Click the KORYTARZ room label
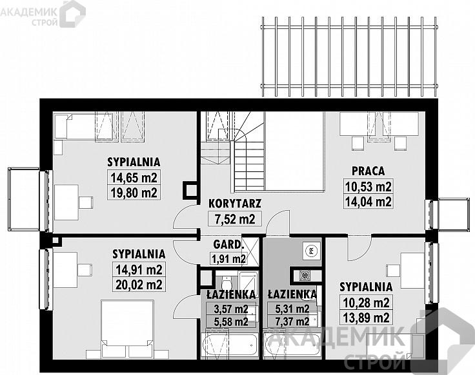pyautogui.click(x=235, y=203)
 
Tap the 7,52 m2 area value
pyautogui.click(x=235, y=218)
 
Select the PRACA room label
pyautogui.click(x=368, y=171)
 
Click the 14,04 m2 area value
pyautogui.click(x=368, y=202)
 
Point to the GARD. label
pyautogui.click(x=228, y=244)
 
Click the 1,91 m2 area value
pyautogui.click(x=228, y=259)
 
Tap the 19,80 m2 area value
pyautogui.click(x=134, y=193)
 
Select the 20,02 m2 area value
pyautogui.click(x=139, y=285)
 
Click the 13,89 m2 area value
pyautogui.click(x=366, y=318)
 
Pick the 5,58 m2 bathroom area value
pyautogui.click(x=231, y=322)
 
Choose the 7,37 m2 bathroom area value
pyautogui.click(x=292, y=322)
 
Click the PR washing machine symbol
pyautogui.click(x=311, y=250)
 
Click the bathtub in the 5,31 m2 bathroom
pyautogui.click(x=292, y=345)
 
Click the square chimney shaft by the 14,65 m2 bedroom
pyautogui.click(x=190, y=191)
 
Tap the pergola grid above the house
pyautogui.click(x=349, y=57)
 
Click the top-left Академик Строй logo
pyautogui.click(x=43, y=14)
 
